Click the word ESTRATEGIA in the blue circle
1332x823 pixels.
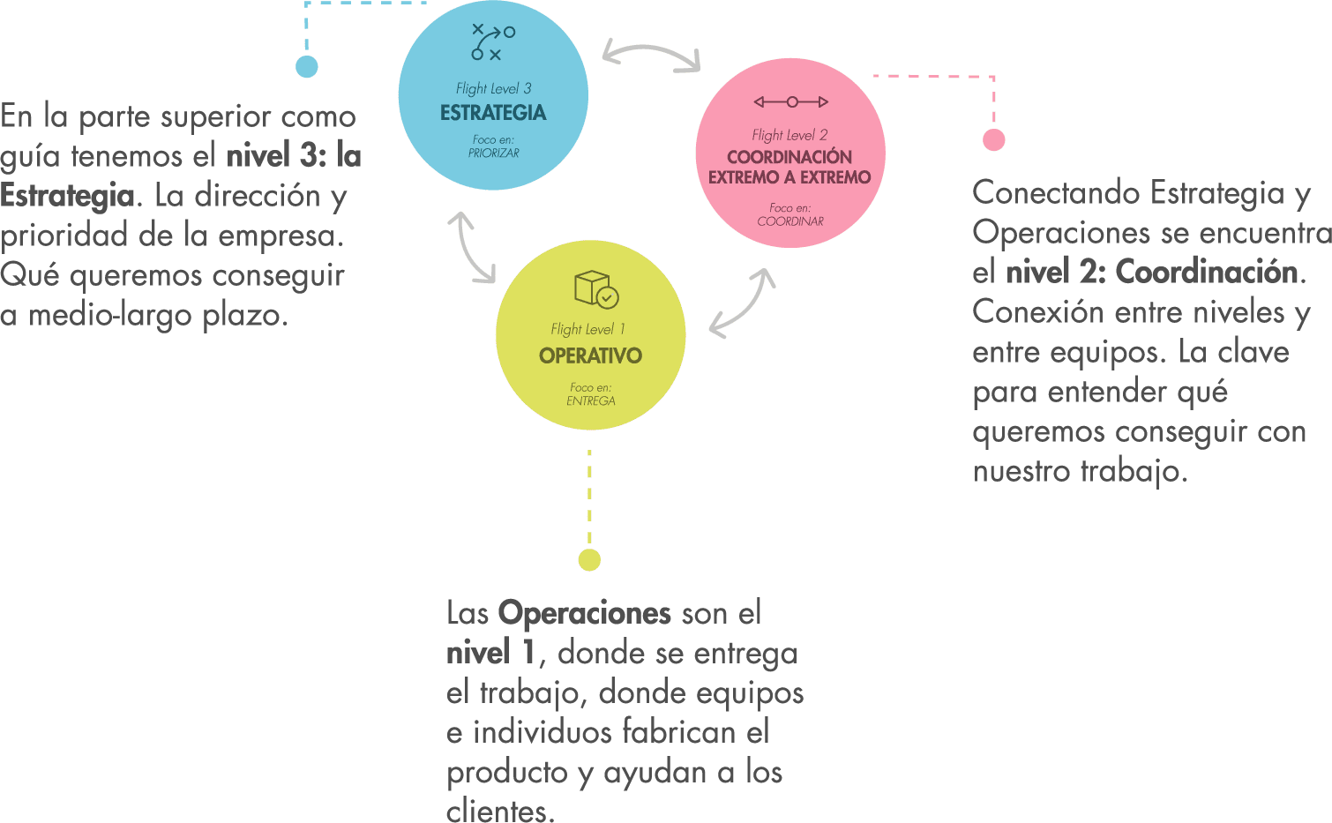(493, 113)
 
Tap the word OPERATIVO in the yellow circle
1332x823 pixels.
(590, 355)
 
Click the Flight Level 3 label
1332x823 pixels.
(493, 88)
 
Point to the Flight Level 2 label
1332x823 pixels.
(789, 135)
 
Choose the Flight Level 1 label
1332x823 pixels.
(587, 329)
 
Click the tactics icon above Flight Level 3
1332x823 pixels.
(493, 42)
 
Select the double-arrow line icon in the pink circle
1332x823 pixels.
(791, 102)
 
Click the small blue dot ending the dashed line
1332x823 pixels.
(307, 67)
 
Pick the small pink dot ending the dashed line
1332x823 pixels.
(994, 139)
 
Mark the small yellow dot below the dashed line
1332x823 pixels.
(589, 560)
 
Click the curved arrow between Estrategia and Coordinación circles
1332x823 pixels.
(651, 55)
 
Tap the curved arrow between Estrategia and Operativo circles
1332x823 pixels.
(471, 247)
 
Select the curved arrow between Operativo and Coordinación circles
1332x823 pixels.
(743, 303)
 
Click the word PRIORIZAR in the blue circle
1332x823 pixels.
(493, 153)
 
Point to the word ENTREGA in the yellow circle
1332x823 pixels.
(590, 400)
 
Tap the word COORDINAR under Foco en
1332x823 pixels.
(789, 221)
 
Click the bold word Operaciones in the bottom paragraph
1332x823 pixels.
(584, 613)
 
